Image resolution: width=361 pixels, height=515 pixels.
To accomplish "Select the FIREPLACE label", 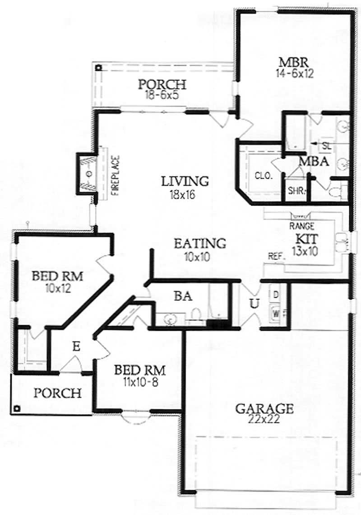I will pyautogui.click(x=116, y=175).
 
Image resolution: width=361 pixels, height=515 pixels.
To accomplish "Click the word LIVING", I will pyautogui.click(x=185, y=181).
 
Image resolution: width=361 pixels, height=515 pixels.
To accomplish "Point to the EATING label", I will pyautogui.click(x=200, y=243).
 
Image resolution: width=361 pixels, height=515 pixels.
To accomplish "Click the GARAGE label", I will pyautogui.click(x=264, y=409).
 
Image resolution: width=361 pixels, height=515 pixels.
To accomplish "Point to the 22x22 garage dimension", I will pyautogui.click(x=265, y=419).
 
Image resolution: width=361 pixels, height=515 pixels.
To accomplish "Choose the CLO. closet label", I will pyautogui.click(x=264, y=176).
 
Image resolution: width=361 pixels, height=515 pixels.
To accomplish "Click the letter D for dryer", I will pyautogui.click(x=276, y=295).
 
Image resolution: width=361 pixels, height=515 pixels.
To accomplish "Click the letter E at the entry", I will pyautogui.click(x=76, y=346).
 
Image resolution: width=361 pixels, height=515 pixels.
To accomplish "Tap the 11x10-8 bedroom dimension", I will pyautogui.click(x=139, y=381).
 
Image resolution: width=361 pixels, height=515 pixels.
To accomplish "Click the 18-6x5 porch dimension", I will pyautogui.click(x=162, y=95).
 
